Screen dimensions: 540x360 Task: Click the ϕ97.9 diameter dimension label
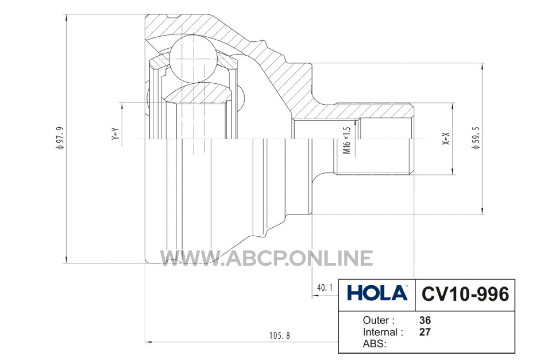pos(60,138)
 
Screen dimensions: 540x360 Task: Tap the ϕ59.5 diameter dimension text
pos(477,138)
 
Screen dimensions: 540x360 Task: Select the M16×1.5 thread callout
pos(346,140)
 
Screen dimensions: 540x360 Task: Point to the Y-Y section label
pos(115,134)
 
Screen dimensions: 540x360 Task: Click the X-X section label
pos(446,139)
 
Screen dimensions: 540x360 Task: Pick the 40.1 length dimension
pos(325,288)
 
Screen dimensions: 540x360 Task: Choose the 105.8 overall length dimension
pos(279,335)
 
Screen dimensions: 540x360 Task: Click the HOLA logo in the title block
pos(377,293)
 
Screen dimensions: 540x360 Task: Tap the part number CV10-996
pos(465,294)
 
